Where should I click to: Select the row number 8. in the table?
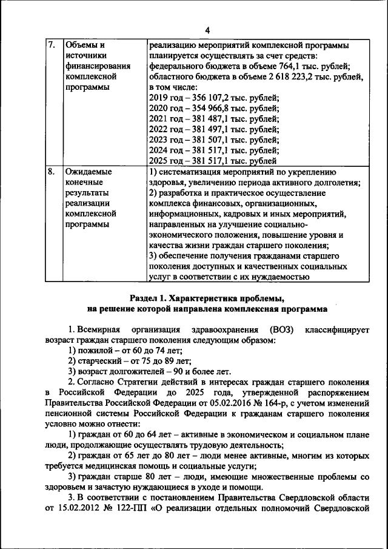pyautogui.click(x=52, y=172)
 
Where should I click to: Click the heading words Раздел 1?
pyautogui.click(x=149, y=298)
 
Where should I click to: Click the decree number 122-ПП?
pyautogui.click(x=138, y=508)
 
